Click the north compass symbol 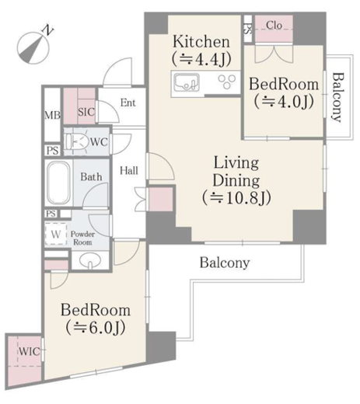click(33, 47)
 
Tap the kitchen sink click(187, 82)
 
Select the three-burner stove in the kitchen click(227, 82)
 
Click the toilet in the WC click(76, 141)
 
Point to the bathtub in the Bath click(59, 183)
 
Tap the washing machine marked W click(56, 234)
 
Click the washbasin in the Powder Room click(90, 260)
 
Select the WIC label click(30, 351)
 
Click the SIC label click(86, 112)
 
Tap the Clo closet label click(274, 26)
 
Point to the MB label click(53, 115)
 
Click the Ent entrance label click(128, 103)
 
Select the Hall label click(129, 171)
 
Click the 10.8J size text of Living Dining click(236, 198)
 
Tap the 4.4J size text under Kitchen click(201, 59)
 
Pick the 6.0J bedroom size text click(96, 328)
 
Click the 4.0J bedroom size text click(284, 101)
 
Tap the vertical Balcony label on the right click(337, 97)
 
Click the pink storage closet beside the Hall click(161, 199)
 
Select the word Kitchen click(201, 41)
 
